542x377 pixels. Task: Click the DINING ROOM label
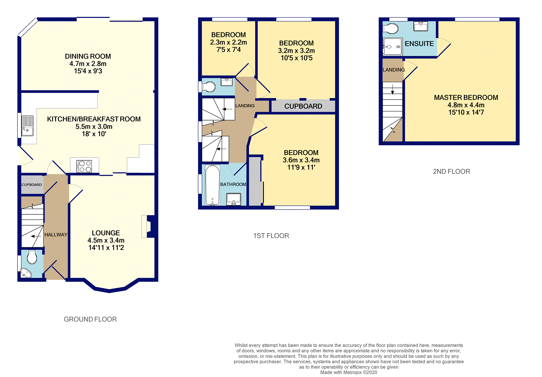[88, 56]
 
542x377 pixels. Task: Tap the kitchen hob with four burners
[84, 166]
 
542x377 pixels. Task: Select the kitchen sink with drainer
[27, 126]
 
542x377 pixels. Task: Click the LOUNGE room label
[106, 233]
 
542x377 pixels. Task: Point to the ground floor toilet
[32, 257]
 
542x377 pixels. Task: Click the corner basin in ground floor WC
[26, 273]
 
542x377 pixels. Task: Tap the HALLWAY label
[56, 235]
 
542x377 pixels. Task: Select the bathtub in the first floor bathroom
[213, 185]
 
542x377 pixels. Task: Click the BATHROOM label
[233, 184]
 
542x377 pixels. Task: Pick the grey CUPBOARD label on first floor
[303, 106]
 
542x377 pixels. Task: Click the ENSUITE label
[419, 44]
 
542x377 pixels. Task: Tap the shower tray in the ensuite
[392, 47]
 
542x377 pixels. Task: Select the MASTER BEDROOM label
[466, 98]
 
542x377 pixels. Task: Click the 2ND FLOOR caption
[452, 172]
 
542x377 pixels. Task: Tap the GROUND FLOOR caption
[90, 319]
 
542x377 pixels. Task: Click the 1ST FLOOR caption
[271, 236]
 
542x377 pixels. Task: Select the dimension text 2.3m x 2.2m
[229, 42]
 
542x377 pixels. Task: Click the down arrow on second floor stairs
[393, 89]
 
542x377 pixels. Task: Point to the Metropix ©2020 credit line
[349, 372]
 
